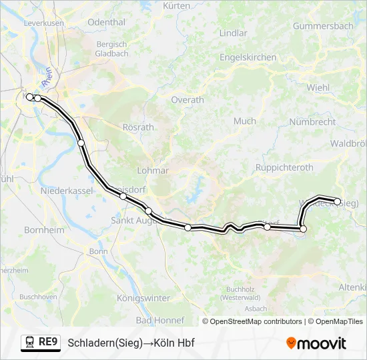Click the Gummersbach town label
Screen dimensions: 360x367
pyautogui.click(x=323, y=26)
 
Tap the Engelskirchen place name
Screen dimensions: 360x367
pyautogui.click(x=248, y=57)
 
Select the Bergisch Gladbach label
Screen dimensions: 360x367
pyautogui.click(x=111, y=49)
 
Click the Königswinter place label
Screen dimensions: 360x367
pyautogui.click(x=143, y=298)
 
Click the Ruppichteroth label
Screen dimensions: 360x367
pyautogui.click(x=285, y=167)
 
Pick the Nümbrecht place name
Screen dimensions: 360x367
pyautogui.click(x=313, y=122)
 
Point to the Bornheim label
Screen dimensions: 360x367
pyautogui.click(x=44, y=229)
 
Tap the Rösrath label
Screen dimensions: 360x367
pyautogui.click(x=138, y=127)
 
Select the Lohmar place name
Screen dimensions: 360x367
pyautogui.click(x=153, y=170)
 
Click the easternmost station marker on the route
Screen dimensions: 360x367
pyautogui.click(x=338, y=201)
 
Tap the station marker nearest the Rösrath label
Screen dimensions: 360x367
pyautogui.click(x=81, y=143)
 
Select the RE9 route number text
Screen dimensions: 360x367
pyautogui.click(x=48, y=343)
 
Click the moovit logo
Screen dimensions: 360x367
pyautogui.click(x=316, y=343)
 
